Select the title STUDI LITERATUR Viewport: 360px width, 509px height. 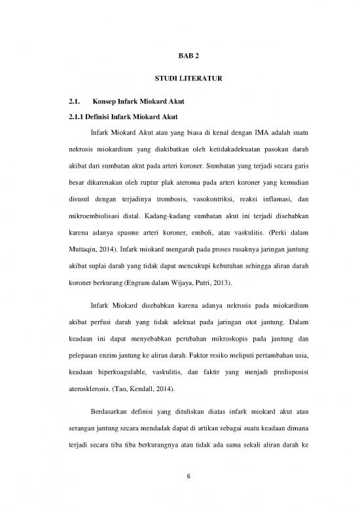point(179,79)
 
